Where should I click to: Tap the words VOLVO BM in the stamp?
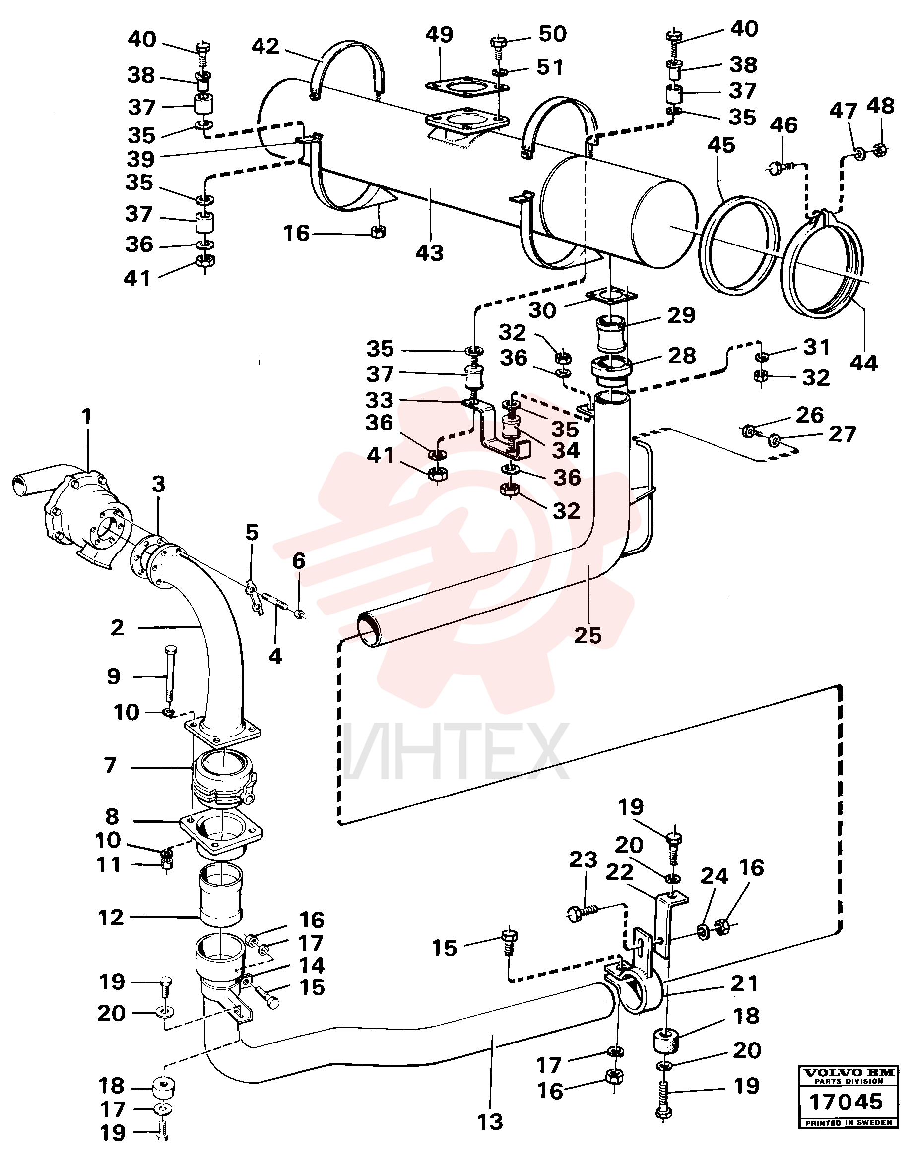[x=846, y=1072]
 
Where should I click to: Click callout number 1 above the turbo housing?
[x=87, y=417]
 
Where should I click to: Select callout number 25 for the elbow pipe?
[x=588, y=635]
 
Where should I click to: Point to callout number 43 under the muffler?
[x=429, y=253]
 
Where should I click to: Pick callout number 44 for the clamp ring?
[x=863, y=363]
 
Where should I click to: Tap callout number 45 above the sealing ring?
[x=721, y=145]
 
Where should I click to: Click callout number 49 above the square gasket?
[x=439, y=35]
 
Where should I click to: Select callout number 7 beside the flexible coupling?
[x=110, y=765]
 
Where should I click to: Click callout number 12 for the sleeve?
[x=111, y=918]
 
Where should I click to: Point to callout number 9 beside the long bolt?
[x=114, y=676]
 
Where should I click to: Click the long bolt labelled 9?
[x=170, y=674]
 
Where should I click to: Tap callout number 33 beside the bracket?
[x=379, y=400]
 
